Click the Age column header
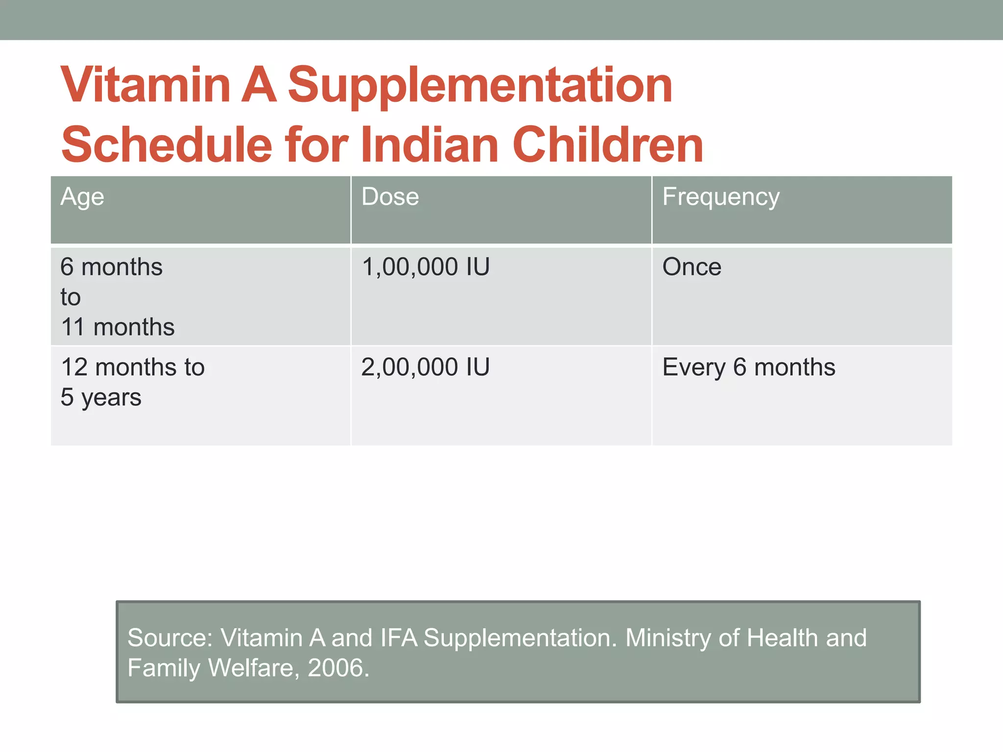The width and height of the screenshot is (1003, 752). point(82,197)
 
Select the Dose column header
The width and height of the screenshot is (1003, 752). point(390,197)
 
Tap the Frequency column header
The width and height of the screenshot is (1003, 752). point(720,197)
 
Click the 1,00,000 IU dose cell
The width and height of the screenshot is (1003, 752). point(425,267)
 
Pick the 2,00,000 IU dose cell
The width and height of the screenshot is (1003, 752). point(425,367)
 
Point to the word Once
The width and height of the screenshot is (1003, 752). point(692,267)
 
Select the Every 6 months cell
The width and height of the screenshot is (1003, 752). point(748,367)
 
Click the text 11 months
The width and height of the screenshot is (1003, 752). point(118,327)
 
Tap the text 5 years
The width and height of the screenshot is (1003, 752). point(101,398)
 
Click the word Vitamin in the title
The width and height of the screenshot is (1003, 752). point(145,85)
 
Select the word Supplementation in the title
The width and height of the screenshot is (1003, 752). point(480,86)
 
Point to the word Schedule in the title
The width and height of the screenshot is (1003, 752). point(167,145)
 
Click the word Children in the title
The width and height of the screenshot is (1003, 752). point(607,145)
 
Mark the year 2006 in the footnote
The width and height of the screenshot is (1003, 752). point(338,668)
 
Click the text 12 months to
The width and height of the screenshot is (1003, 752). point(133,367)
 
